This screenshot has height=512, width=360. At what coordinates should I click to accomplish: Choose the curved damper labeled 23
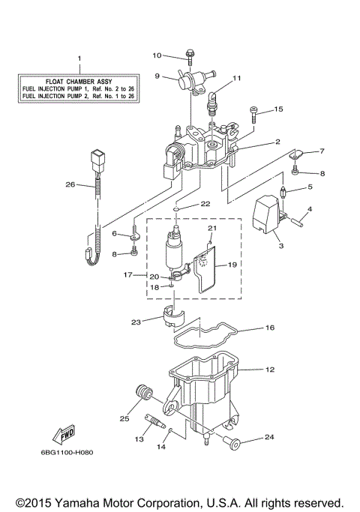pos(171,320)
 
